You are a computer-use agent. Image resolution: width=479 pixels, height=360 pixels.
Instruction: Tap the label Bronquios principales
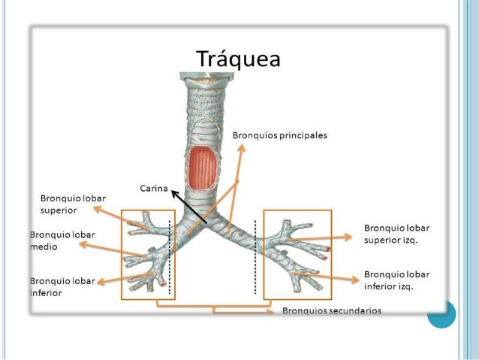279,135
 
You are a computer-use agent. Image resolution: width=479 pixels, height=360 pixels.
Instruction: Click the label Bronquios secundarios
331,310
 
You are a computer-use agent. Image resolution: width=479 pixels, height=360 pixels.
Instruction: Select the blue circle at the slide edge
441,315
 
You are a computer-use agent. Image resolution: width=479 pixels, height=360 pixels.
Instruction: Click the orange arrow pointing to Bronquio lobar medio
113,250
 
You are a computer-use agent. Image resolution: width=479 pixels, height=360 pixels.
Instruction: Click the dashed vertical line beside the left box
170,256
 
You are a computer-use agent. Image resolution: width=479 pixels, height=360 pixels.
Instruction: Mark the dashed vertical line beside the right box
256,256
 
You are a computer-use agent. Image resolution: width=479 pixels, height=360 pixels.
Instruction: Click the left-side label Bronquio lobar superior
73,204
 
